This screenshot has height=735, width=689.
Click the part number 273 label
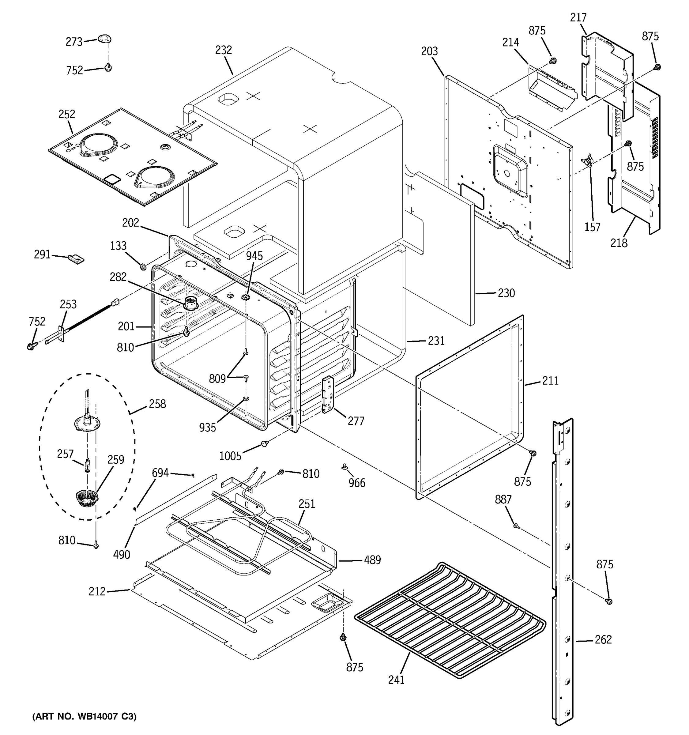(x=74, y=42)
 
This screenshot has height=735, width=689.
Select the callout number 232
(x=223, y=50)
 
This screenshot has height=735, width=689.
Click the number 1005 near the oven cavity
(x=230, y=456)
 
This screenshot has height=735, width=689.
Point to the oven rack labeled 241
(x=449, y=621)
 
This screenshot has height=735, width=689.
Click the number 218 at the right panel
(x=619, y=243)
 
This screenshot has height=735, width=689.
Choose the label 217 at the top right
(x=578, y=17)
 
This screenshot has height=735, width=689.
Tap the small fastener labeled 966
(x=344, y=468)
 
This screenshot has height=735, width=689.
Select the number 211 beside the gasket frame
(x=550, y=380)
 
